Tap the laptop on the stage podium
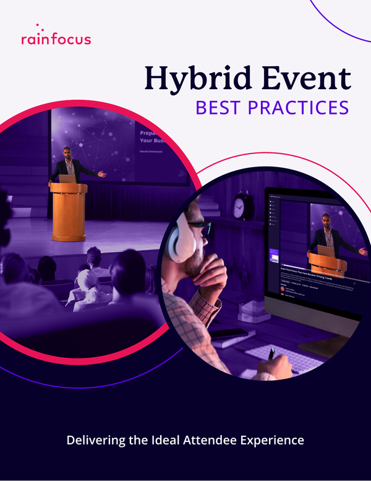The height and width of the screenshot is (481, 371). click(x=67, y=178)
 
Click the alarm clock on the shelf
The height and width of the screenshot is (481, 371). click(x=242, y=207)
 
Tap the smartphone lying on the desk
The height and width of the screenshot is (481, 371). click(x=228, y=334)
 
